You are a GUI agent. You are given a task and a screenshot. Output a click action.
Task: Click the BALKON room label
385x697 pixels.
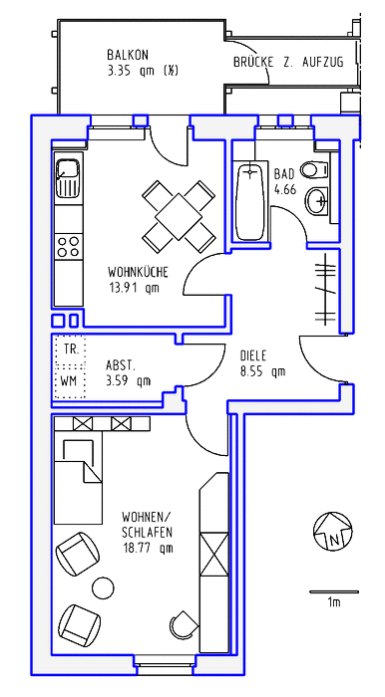(x=128, y=55)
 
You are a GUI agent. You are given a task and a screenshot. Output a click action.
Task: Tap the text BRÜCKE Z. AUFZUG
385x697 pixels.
(x=288, y=62)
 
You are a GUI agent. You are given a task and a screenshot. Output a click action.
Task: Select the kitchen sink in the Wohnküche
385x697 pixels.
(x=68, y=178)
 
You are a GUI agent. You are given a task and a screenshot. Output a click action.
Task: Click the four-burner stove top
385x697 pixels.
(x=69, y=247)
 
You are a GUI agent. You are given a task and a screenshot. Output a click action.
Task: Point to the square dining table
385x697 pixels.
(x=179, y=216)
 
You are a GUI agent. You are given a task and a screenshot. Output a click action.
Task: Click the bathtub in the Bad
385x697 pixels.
(x=251, y=201)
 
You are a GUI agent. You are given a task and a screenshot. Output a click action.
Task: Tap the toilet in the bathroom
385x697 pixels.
(x=315, y=169)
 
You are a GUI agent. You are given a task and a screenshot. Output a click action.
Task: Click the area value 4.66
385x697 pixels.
(x=285, y=189)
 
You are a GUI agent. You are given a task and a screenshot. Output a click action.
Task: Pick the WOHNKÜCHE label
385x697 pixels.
(x=138, y=271)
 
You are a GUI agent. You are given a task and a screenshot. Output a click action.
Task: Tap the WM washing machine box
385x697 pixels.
(x=70, y=382)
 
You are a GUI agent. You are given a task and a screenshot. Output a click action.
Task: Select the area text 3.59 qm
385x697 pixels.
(x=129, y=380)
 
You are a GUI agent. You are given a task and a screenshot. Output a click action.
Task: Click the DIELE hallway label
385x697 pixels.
(x=253, y=356)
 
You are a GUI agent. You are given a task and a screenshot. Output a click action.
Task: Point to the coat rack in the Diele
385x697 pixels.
(x=325, y=288)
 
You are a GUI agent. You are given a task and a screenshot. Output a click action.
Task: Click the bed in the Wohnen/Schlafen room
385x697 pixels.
(x=78, y=480)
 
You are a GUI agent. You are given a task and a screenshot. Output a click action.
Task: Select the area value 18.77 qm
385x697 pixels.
(x=148, y=548)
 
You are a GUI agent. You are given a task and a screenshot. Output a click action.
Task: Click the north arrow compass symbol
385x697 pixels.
(x=332, y=531)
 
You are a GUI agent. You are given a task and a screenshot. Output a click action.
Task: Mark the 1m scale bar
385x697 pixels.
(x=334, y=591)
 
